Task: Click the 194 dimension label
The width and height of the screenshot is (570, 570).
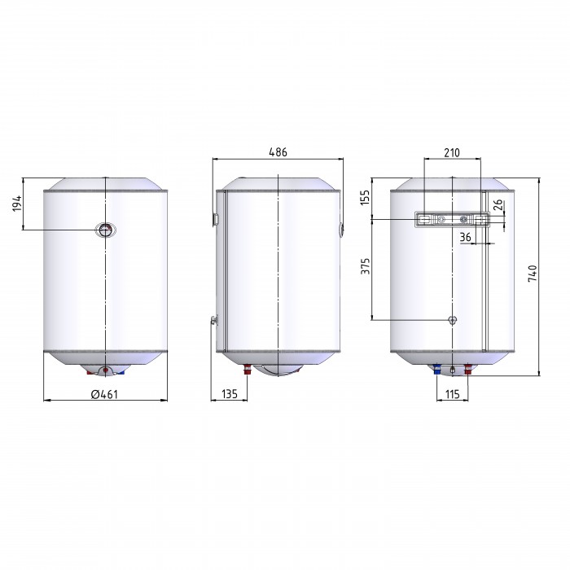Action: click(17, 204)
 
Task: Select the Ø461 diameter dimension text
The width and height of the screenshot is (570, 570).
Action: click(104, 394)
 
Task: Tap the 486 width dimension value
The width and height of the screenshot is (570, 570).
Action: click(278, 152)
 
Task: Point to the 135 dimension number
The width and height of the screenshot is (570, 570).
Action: click(229, 393)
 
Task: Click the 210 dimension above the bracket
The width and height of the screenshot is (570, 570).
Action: click(451, 153)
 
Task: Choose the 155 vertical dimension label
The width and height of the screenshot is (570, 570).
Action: click(365, 197)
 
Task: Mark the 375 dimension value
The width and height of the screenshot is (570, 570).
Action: click(365, 266)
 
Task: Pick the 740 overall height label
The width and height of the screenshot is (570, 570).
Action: click(533, 274)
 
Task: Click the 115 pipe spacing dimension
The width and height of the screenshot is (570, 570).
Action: click(452, 394)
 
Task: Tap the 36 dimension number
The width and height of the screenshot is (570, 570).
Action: click(465, 238)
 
